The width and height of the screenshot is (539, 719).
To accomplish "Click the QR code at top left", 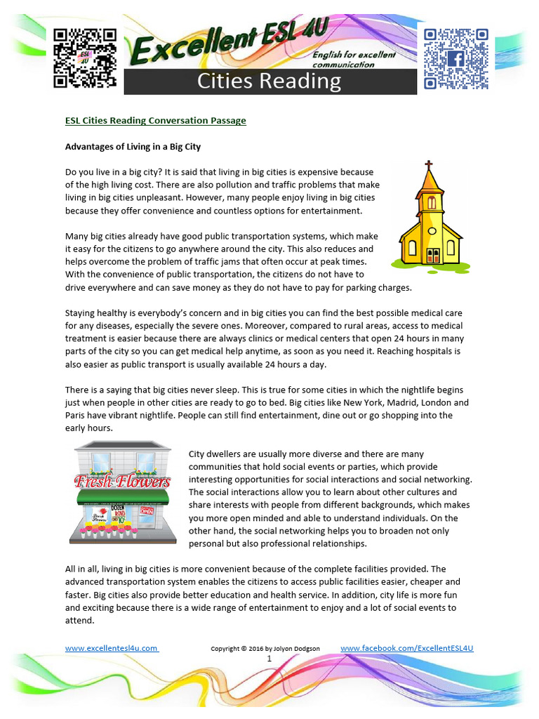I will click(85, 58).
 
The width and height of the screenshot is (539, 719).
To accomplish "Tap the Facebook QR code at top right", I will click(455, 59).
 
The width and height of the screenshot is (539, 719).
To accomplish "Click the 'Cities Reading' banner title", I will click(269, 81).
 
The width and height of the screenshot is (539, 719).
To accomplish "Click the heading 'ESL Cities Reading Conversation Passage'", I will click(155, 120).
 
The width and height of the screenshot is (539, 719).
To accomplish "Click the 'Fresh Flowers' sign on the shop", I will click(122, 482).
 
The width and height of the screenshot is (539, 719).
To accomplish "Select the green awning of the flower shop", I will click(122, 497).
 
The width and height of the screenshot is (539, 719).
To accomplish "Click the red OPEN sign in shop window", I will click(147, 511).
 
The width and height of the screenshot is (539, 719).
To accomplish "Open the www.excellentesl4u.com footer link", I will click(112, 648).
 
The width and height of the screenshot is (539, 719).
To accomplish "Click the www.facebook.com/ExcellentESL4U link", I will click(407, 648).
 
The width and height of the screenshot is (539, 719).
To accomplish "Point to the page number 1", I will click(269, 659).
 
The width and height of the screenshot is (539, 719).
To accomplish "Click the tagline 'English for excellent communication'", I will click(364, 59).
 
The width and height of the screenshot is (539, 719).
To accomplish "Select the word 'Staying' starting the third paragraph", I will click(81, 312).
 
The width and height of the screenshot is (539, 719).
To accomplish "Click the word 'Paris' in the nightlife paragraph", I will click(76, 415).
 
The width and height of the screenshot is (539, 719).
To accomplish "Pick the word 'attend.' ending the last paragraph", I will click(79, 621).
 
